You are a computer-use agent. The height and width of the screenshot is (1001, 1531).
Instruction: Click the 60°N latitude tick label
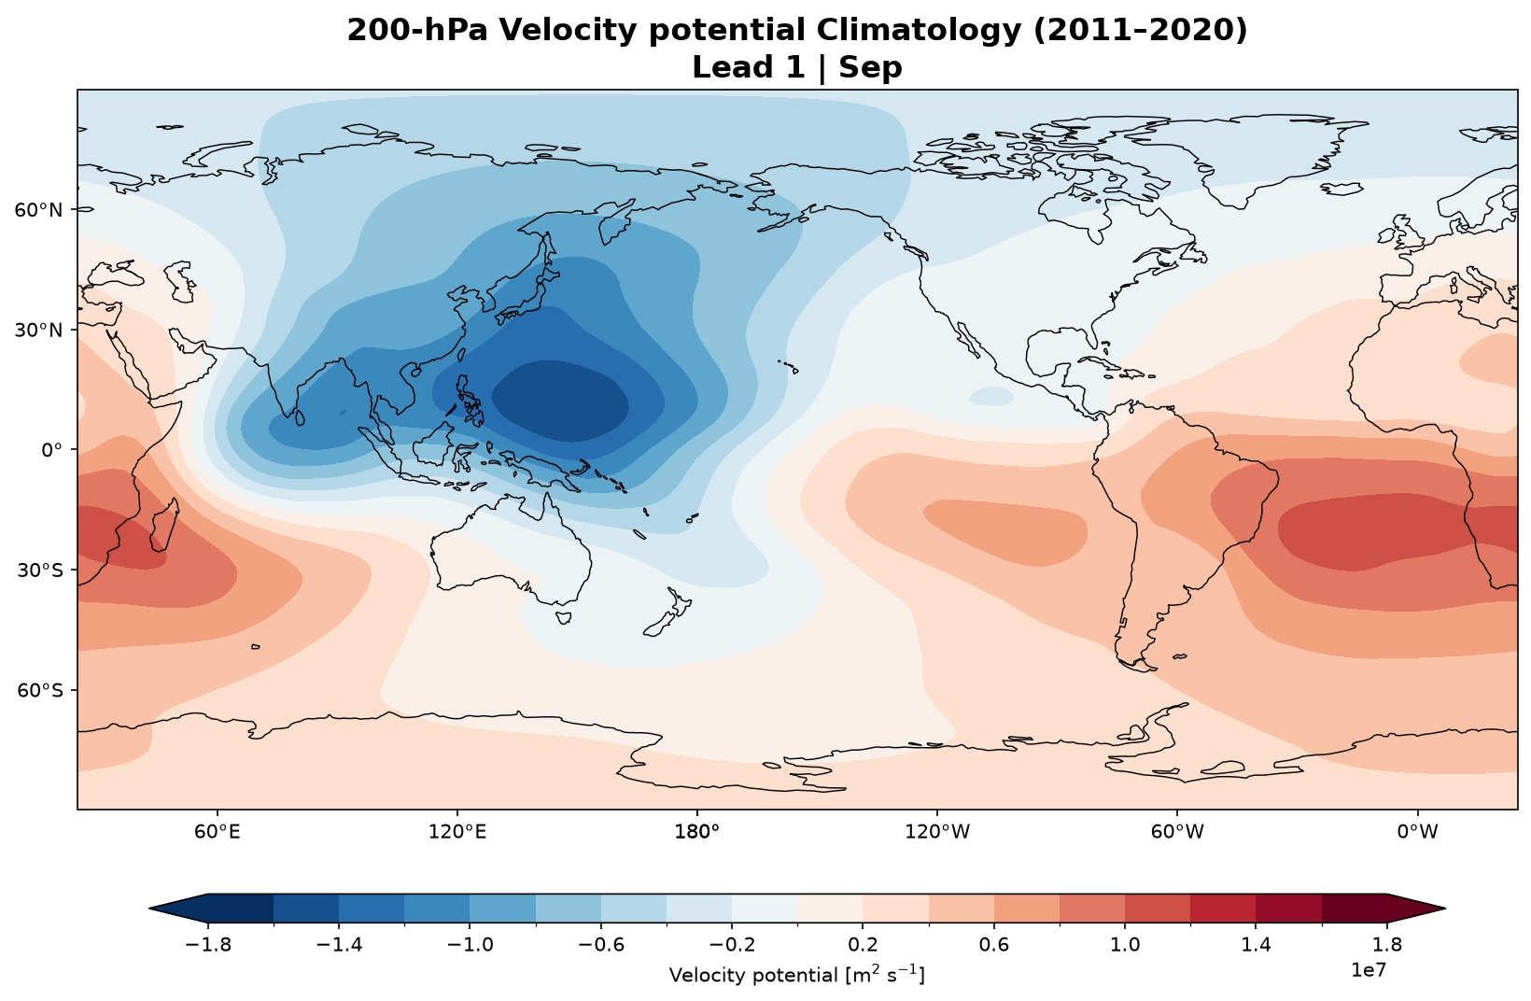tap(38, 210)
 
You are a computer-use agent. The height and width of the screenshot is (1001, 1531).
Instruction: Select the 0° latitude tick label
tap(51, 450)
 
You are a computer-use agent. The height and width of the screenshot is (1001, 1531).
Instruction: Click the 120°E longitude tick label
tap(457, 832)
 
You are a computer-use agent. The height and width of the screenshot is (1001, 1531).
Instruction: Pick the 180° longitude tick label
tap(697, 832)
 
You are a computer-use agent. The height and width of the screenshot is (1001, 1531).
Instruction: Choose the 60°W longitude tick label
tap(1177, 832)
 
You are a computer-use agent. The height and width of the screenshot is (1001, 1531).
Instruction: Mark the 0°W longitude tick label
tap(1417, 832)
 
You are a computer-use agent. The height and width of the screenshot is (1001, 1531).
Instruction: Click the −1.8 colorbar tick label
tap(208, 945)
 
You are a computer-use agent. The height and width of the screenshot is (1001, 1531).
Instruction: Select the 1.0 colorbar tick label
tap(1125, 945)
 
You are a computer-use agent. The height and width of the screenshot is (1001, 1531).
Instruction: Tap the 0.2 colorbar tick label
tap(863, 945)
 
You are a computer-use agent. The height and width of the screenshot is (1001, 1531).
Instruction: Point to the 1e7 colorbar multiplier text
tap(1369, 970)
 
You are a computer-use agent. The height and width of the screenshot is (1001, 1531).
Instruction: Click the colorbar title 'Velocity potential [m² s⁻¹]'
tap(797, 975)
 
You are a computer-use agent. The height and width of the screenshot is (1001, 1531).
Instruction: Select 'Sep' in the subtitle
tap(870, 67)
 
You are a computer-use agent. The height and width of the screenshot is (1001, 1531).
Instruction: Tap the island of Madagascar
tap(165, 525)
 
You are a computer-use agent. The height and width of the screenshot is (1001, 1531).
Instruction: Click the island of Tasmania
tap(563, 618)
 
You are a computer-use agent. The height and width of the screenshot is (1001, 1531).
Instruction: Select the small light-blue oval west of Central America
tap(991, 397)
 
